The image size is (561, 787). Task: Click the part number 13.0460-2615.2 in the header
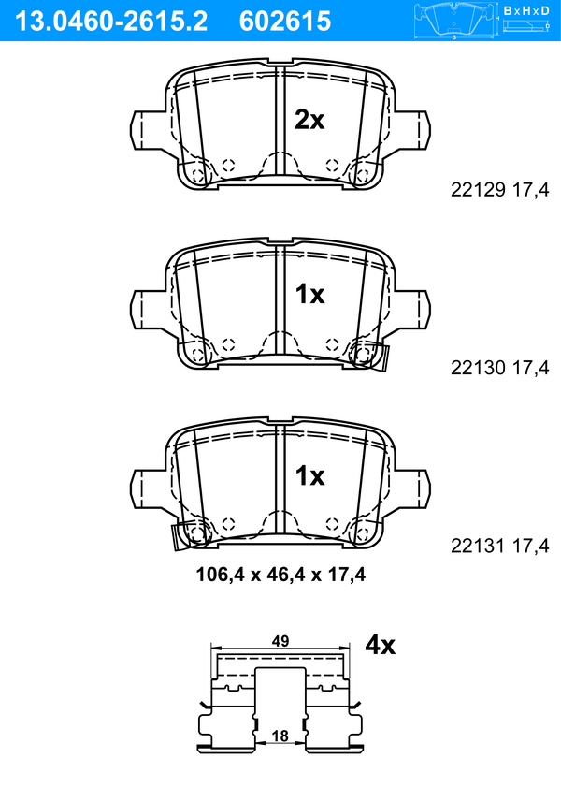tap(110, 22)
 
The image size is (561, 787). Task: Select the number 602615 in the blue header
tap(285, 22)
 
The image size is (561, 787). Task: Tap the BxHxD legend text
tap(526, 10)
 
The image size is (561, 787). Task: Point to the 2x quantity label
tap(309, 120)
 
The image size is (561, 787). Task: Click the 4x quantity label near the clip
tap(380, 644)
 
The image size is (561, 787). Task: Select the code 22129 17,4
tap(500, 190)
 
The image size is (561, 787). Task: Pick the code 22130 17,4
tap(500, 368)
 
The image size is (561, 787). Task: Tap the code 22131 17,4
tap(500, 546)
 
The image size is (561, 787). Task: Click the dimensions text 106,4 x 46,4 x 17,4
tap(280, 575)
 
